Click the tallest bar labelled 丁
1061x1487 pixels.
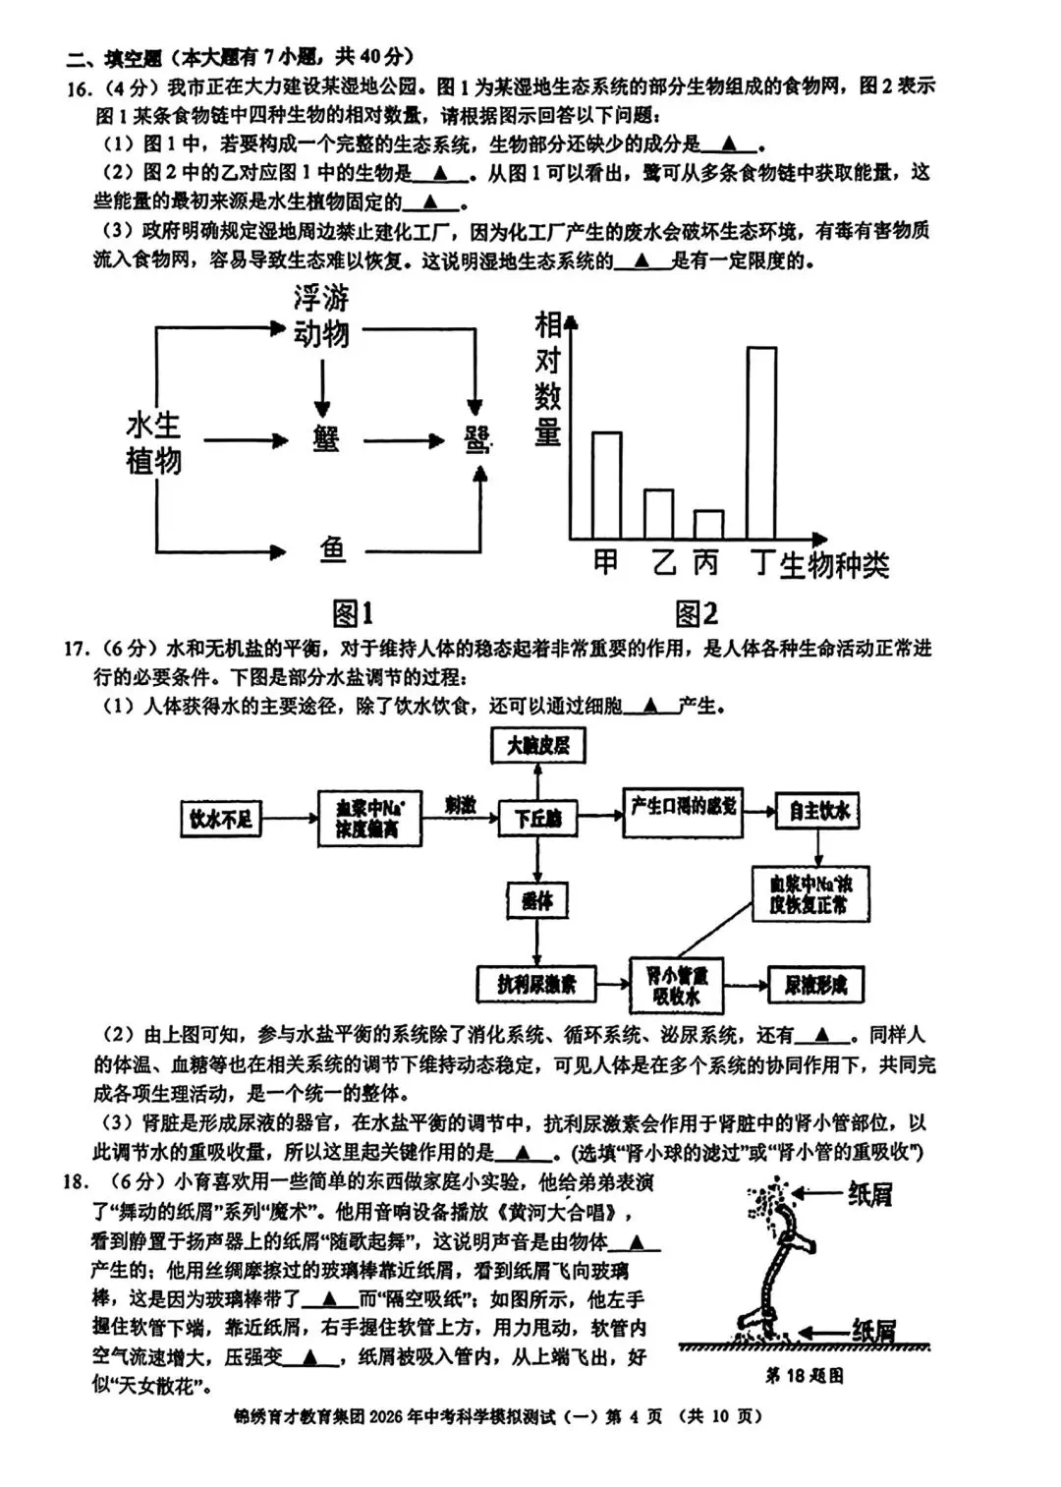[x=761, y=442]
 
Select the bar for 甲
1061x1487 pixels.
[x=606, y=485]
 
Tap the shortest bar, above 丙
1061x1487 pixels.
[x=708, y=524]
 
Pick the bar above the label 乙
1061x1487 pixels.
[x=658, y=513]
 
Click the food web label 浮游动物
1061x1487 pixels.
[x=321, y=316]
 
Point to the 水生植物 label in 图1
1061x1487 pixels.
[x=154, y=443]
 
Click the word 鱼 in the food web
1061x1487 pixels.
[x=332, y=550]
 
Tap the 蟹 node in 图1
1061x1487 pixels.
[x=326, y=439]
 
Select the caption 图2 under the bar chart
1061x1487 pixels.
[x=697, y=614]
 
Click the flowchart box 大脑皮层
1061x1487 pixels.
[x=537, y=746]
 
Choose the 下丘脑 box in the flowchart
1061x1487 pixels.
[x=537, y=818]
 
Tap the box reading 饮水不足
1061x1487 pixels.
[x=221, y=818]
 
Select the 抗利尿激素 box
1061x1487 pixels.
[x=536, y=983]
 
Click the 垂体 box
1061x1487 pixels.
[x=537, y=900]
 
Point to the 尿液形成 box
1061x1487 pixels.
[x=815, y=984]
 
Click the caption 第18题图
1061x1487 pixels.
[x=804, y=1376]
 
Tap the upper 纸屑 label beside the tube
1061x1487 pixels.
[x=869, y=1194]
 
